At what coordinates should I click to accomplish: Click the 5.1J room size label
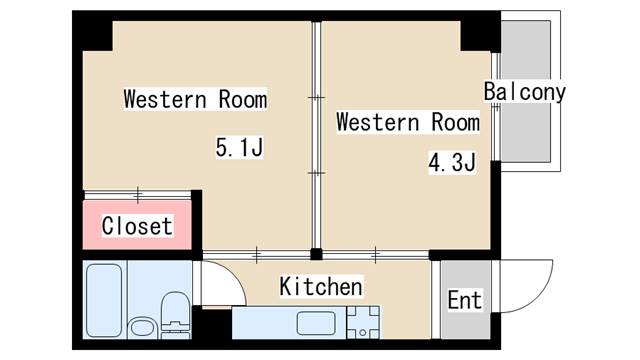pos(240,147)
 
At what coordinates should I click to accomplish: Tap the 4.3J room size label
pos(452,162)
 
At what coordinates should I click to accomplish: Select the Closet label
pos(137,226)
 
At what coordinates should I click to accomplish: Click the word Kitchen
pos(321,286)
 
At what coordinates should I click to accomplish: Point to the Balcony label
pos(525,92)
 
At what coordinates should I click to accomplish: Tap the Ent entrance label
pos(464,300)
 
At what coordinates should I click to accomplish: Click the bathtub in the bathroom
pos(104,300)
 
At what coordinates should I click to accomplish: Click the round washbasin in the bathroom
pos(142,328)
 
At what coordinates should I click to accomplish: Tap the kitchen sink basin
pos(316,323)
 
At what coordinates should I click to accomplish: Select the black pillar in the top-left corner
pos(93,32)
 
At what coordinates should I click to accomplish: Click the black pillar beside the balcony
pos(480,32)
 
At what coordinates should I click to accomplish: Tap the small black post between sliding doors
pos(316,254)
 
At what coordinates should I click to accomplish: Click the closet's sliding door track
pos(137,195)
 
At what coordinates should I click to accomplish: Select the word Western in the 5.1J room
pos(165,99)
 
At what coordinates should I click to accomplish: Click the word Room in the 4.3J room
pos(456,122)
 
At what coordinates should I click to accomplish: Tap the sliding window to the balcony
pos(496,107)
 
